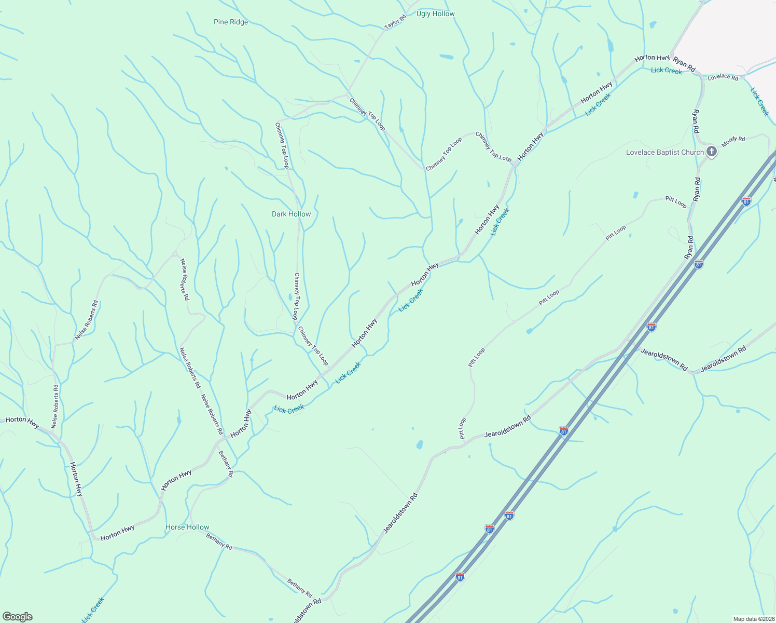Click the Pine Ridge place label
231,22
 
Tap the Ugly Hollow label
435,14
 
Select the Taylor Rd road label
395,22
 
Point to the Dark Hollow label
291,214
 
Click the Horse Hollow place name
187,527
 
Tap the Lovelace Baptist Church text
664,153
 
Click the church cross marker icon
712,152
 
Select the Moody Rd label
733,141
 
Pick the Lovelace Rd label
723,77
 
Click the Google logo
17,617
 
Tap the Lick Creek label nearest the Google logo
93,610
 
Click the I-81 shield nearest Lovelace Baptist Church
746,201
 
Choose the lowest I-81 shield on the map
460,576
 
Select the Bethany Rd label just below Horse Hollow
219,541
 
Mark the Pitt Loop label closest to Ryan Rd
676,202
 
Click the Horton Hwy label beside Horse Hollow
118,533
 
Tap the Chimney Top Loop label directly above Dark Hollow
282,145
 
